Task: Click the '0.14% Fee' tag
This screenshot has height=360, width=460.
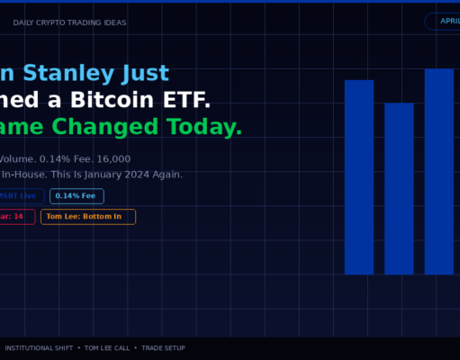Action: coord(77,196)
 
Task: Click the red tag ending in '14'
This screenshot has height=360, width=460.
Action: coord(16,217)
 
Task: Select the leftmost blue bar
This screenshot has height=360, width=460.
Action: coord(358,176)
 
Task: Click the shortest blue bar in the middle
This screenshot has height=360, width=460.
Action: coord(399,188)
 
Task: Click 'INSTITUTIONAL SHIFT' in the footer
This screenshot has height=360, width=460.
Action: coord(38,347)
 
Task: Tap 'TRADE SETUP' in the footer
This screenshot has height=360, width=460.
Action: coord(163,347)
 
